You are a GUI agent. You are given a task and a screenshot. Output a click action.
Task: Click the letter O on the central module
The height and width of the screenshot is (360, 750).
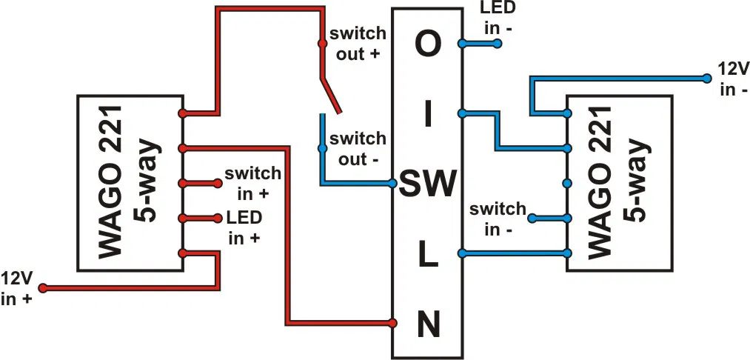click(426, 45)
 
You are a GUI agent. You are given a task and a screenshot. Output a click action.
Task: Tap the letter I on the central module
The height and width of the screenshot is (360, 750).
click(426, 115)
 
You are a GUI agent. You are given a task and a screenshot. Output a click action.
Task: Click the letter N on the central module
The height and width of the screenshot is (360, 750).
click(427, 324)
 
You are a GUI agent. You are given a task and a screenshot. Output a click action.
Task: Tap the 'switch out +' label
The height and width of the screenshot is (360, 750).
click(358, 44)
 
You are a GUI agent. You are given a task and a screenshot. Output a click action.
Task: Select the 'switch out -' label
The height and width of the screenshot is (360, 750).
click(358, 148)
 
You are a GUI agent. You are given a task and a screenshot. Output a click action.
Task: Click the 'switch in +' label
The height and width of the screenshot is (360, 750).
click(253, 183)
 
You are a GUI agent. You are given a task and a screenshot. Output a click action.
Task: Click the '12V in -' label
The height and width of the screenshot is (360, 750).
click(733, 79)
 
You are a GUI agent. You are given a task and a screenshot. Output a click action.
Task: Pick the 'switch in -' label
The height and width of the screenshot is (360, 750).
click(496, 219)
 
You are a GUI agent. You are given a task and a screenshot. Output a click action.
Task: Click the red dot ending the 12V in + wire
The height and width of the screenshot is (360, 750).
click(43, 287)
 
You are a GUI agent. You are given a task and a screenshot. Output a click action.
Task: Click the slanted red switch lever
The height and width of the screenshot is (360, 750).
click(330, 94)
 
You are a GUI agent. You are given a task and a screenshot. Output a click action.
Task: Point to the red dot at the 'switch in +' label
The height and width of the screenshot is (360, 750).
click(218, 183)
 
